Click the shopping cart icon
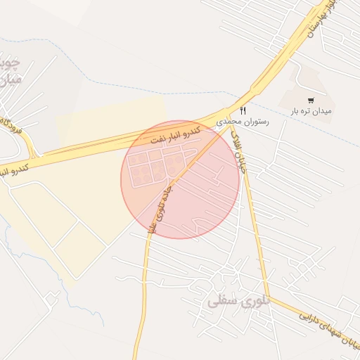[x=311, y=101]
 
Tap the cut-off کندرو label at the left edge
[x=14, y=170]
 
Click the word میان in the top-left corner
[x=9, y=79]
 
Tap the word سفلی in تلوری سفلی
[x=221, y=303]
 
